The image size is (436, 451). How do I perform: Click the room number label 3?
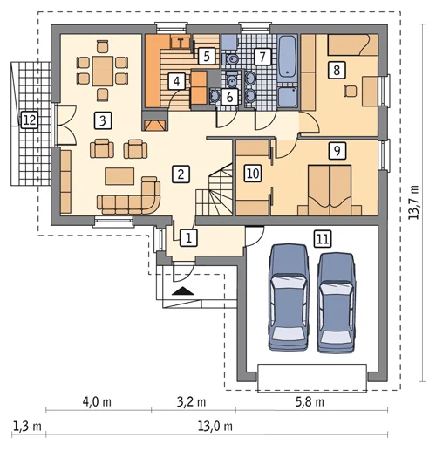pyautogui.click(x=103, y=120)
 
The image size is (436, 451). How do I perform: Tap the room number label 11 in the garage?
pyautogui.click(x=323, y=239)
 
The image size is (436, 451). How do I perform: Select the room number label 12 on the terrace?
pyautogui.click(x=30, y=120)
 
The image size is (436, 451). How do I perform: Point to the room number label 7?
pyautogui.click(x=262, y=57)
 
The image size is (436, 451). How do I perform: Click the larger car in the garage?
pyautogui.click(x=289, y=297)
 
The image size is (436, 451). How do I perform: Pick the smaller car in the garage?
pyautogui.click(x=336, y=303)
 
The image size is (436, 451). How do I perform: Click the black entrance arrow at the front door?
pyautogui.click(x=183, y=290)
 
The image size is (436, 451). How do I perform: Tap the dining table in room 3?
pyautogui.click(x=103, y=72)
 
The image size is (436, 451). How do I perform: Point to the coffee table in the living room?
pyautogui.click(x=119, y=176)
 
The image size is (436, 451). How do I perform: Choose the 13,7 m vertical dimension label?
pyautogui.click(x=414, y=202)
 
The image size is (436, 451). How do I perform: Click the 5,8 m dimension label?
pyautogui.click(x=310, y=402)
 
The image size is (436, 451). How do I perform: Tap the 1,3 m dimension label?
pyautogui.click(x=27, y=427)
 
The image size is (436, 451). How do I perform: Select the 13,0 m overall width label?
pyautogui.click(x=215, y=427)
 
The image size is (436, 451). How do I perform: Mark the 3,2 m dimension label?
pyautogui.click(x=192, y=402)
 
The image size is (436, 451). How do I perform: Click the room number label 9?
pyautogui.click(x=337, y=151)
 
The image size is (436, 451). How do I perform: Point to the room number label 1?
pyautogui.click(x=188, y=238)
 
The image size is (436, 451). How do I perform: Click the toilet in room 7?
pyautogui.click(x=231, y=59)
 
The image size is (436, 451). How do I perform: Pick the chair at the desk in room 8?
pyautogui.click(x=350, y=92)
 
